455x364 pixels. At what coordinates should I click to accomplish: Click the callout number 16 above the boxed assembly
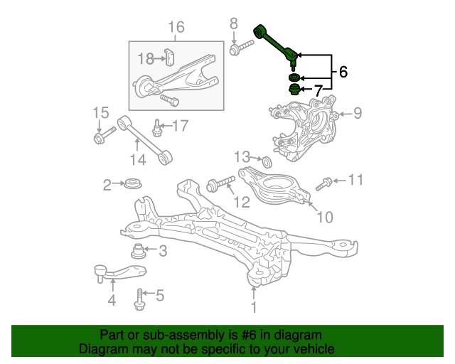(176, 27)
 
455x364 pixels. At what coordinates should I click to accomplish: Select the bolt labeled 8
(242, 48)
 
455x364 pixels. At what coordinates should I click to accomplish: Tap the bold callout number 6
(343, 72)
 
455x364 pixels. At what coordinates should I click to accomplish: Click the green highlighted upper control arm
(275, 46)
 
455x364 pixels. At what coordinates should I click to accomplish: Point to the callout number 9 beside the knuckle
(358, 113)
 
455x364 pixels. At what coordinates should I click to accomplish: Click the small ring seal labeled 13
(267, 162)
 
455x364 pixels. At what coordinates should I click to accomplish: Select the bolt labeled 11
(324, 184)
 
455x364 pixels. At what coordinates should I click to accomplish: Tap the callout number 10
(325, 217)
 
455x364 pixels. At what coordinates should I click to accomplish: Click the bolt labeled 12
(220, 184)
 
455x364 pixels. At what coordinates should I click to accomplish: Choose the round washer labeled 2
(133, 183)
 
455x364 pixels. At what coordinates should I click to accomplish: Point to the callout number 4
(112, 300)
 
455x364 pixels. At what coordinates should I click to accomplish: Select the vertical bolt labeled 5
(139, 299)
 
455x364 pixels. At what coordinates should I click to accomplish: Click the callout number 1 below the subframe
(254, 307)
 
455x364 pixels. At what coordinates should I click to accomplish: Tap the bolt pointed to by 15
(105, 135)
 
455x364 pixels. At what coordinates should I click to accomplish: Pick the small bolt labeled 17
(156, 128)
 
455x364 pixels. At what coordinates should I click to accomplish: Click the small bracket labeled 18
(169, 57)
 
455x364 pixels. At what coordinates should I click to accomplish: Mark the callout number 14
(138, 160)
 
